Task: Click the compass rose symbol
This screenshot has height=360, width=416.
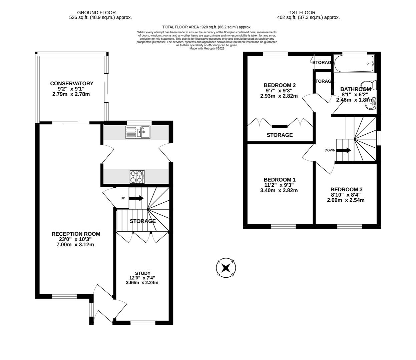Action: click(x=226, y=268)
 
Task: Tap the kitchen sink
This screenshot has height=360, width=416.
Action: click(x=138, y=132)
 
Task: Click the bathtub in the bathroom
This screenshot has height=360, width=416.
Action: click(x=354, y=64)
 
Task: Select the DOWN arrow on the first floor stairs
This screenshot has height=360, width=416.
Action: click(x=343, y=150)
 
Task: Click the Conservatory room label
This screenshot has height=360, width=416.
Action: click(x=72, y=83)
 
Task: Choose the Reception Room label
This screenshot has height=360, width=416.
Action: click(x=76, y=234)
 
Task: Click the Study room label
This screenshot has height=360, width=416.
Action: click(x=142, y=273)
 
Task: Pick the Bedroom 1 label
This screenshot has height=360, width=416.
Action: click(x=280, y=180)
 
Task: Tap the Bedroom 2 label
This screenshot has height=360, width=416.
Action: click(x=280, y=85)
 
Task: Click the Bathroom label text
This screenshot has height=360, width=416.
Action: click(x=355, y=89)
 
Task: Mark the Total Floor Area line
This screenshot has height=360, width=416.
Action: click(x=207, y=27)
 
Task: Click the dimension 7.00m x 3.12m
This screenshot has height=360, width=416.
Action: click(x=75, y=245)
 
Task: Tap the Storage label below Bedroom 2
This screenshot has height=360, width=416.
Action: click(x=280, y=135)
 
